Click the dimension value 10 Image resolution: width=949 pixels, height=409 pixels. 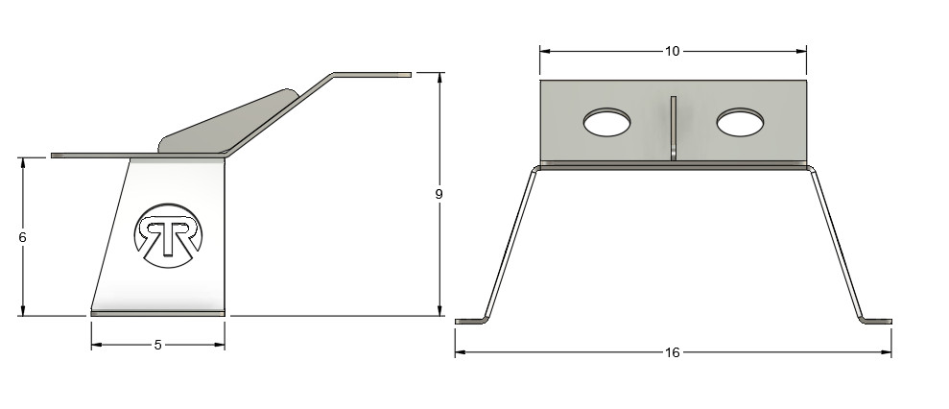[x=673, y=50]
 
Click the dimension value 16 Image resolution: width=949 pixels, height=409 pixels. [x=673, y=352]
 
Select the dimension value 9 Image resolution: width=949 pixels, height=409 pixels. [x=439, y=194]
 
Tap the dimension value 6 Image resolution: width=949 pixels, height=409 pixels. [x=21, y=236]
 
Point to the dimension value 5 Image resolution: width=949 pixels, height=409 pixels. [x=157, y=345]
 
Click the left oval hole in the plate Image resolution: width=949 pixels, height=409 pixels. [x=607, y=122]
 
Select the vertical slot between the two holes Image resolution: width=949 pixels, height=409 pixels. [x=674, y=127]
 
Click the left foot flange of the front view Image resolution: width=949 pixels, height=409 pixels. [x=471, y=321]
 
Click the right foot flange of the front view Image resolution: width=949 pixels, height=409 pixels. [x=875, y=321]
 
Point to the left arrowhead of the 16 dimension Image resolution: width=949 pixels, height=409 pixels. [x=460, y=352]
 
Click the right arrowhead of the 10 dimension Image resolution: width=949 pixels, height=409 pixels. [x=801, y=50]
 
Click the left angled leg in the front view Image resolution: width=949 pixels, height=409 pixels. [x=508, y=245]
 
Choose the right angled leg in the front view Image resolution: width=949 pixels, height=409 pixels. [x=838, y=245]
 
